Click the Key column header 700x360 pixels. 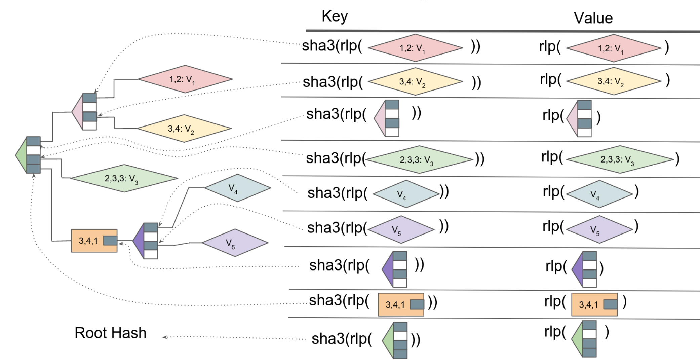[x=335, y=16]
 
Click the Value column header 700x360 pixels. [x=593, y=18]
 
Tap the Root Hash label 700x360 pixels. [x=110, y=333]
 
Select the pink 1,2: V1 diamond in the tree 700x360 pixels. [x=185, y=79]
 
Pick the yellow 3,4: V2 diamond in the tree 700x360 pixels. [x=184, y=128]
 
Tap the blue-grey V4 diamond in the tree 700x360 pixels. [x=237, y=188]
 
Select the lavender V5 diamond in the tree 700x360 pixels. [x=235, y=243]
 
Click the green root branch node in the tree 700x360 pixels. [x=29, y=155]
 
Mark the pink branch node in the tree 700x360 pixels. [x=85, y=112]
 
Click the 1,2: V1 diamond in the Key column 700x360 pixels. [x=415, y=48]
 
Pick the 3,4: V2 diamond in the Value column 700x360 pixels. [x=614, y=81]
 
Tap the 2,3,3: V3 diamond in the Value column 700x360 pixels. [x=620, y=159]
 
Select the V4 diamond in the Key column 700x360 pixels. [x=406, y=194]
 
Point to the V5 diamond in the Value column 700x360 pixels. [x=599, y=229]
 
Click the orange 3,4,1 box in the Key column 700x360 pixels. [x=401, y=304]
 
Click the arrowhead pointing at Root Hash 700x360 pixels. [x=165, y=337]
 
